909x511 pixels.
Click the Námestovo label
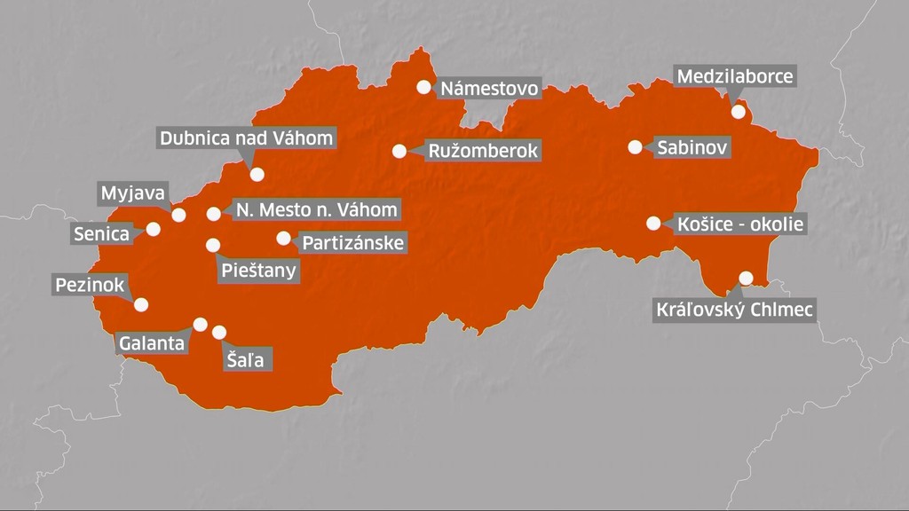[x=489, y=88]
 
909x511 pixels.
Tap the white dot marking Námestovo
[x=424, y=87]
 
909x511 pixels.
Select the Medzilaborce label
[x=735, y=76]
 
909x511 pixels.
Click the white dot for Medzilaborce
[x=739, y=112]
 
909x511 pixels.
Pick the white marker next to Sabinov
[x=635, y=147]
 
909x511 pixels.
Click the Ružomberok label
[x=483, y=151]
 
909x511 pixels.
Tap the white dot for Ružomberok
[x=399, y=151]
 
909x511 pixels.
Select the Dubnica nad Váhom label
[x=246, y=138]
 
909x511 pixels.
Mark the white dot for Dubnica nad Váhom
[x=257, y=175]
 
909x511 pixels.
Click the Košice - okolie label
[x=739, y=224]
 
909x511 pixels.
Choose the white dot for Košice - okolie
[x=654, y=224]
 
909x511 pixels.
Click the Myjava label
[x=132, y=193]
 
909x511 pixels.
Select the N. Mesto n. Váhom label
[x=315, y=210]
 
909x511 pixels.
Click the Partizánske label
[x=352, y=242]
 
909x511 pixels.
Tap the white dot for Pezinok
[x=140, y=304]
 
